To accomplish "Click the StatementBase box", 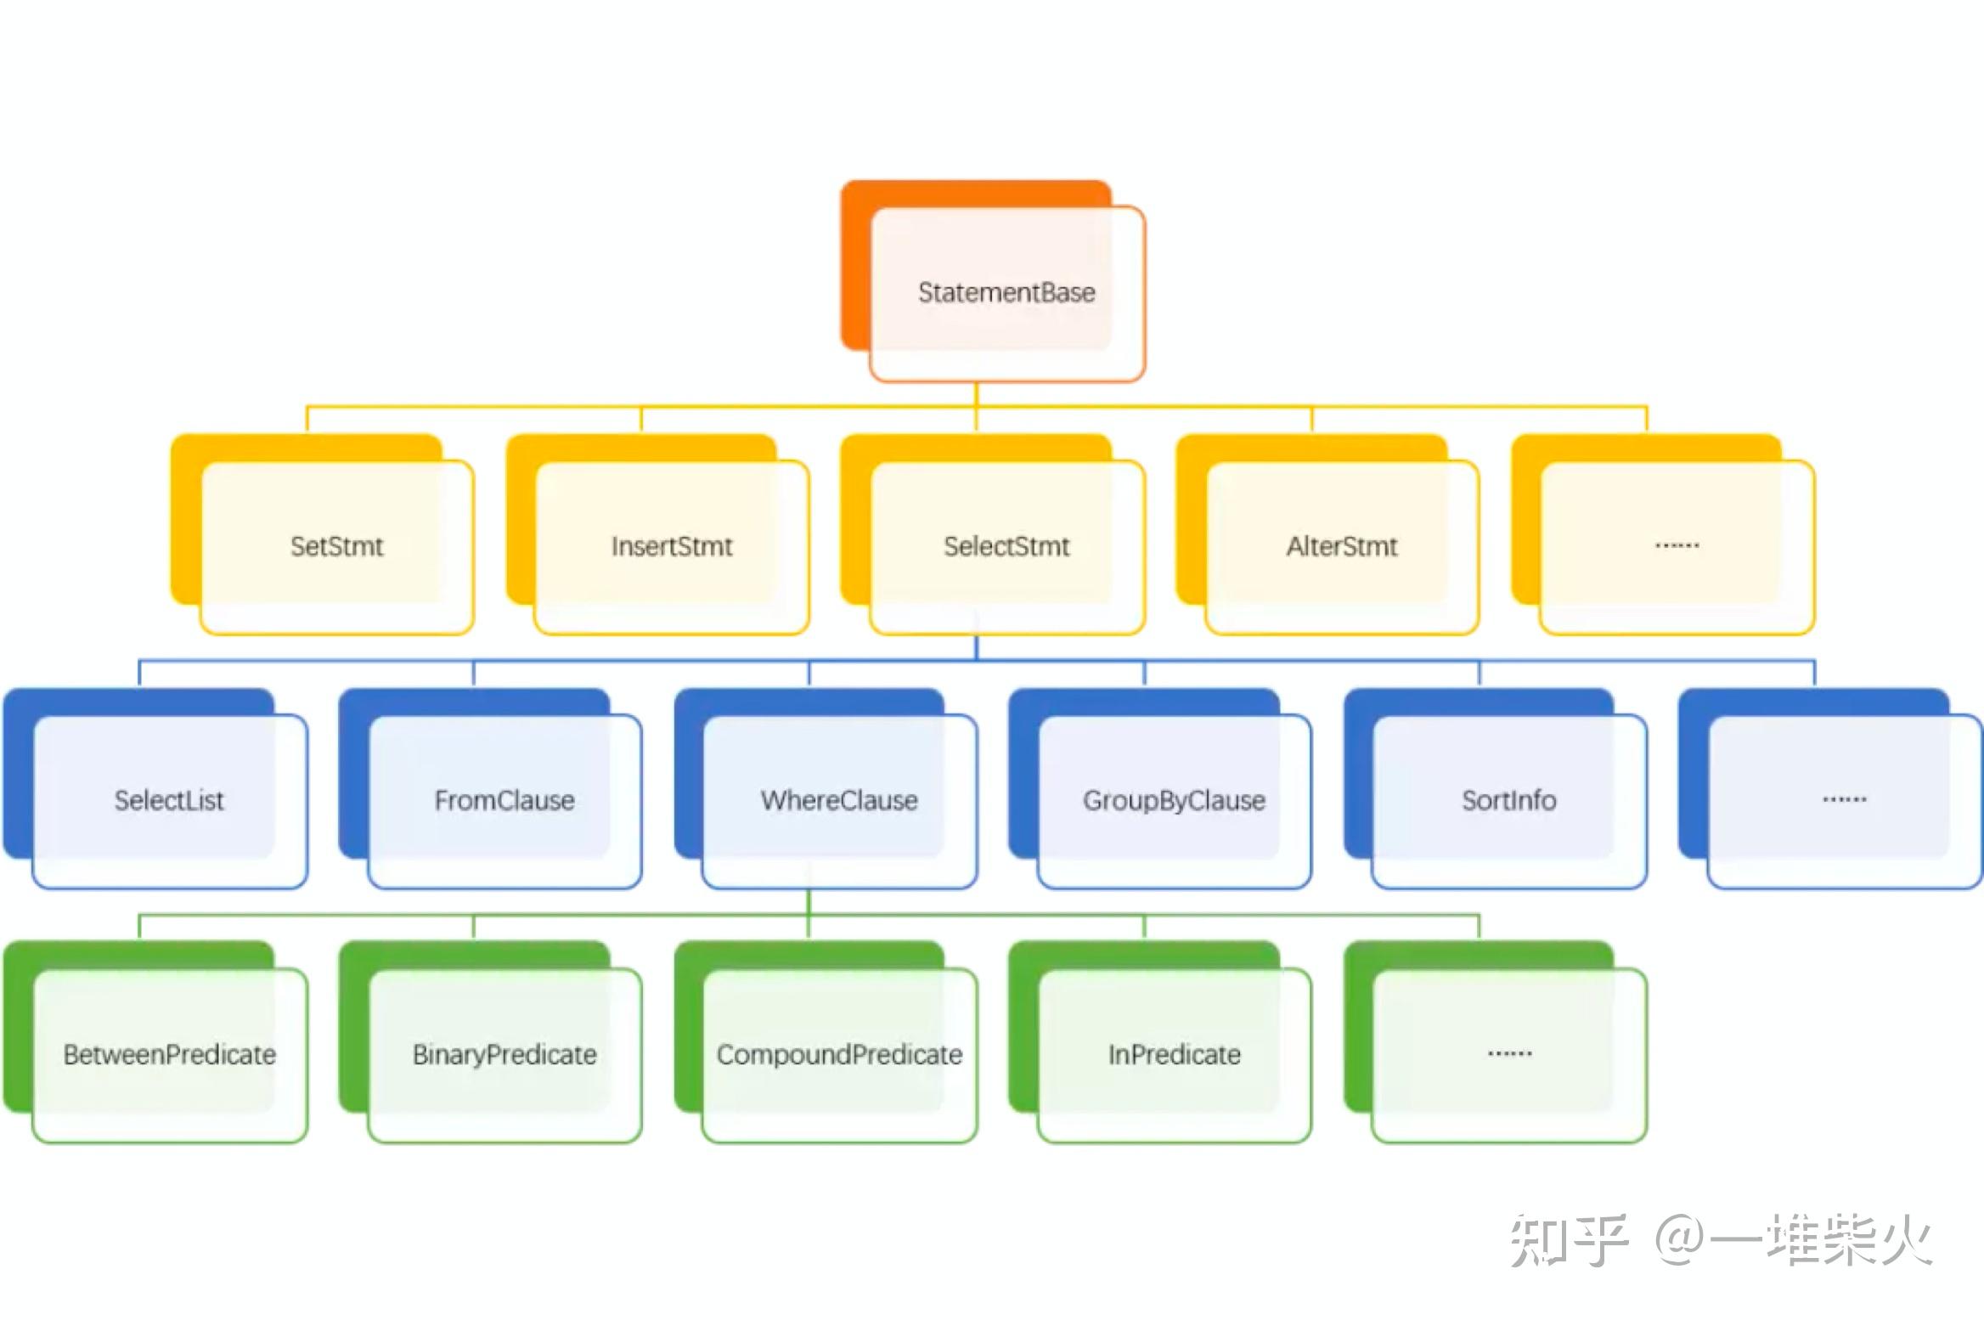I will pyautogui.click(x=1006, y=293).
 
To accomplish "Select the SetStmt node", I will pyautogui.click(x=336, y=546).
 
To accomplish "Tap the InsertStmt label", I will pyautogui.click(x=671, y=546).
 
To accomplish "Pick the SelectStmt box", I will pyautogui.click(x=1006, y=546).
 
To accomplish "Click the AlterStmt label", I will pyautogui.click(x=1341, y=546).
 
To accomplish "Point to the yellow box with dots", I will pyautogui.click(x=1677, y=546).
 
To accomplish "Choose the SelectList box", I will pyautogui.click(x=169, y=800).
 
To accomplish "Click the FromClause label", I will pyautogui.click(x=504, y=800).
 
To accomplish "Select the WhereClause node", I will pyautogui.click(x=839, y=800).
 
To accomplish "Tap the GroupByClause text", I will pyautogui.click(x=1174, y=800).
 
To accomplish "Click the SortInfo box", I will pyautogui.click(x=1508, y=800).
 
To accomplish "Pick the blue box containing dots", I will pyautogui.click(x=1844, y=800).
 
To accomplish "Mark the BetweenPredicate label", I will pyautogui.click(x=169, y=1054).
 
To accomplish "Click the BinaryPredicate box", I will pyautogui.click(x=504, y=1054).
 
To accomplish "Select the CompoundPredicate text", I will pyautogui.click(x=839, y=1054).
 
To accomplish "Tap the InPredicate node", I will pyautogui.click(x=1174, y=1054).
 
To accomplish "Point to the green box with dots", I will pyautogui.click(x=1508, y=1054).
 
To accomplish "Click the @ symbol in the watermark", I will pyautogui.click(x=1680, y=1241).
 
